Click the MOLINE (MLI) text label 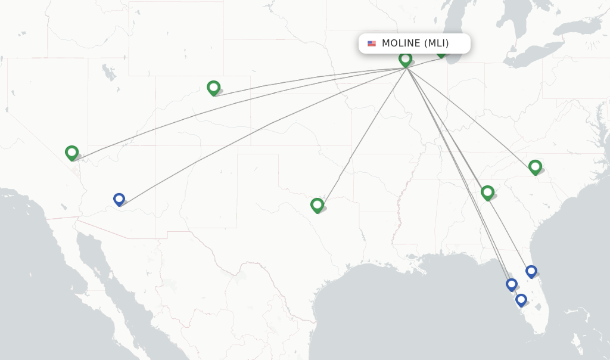[x=415, y=44]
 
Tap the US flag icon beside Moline [x=372, y=44]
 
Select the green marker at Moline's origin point [x=406, y=59]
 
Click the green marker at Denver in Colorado [x=213, y=88]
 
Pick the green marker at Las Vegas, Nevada [x=72, y=153]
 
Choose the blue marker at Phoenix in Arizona [x=119, y=199]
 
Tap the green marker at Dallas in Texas [x=317, y=205]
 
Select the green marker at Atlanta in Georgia [x=487, y=192]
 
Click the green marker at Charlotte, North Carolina [x=535, y=167]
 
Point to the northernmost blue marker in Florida [x=531, y=271]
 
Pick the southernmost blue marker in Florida [x=521, y=300]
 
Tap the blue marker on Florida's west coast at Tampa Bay [x=512, y=284]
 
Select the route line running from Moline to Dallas [x=363, y=134]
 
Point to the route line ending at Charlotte [x=471, y=116]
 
